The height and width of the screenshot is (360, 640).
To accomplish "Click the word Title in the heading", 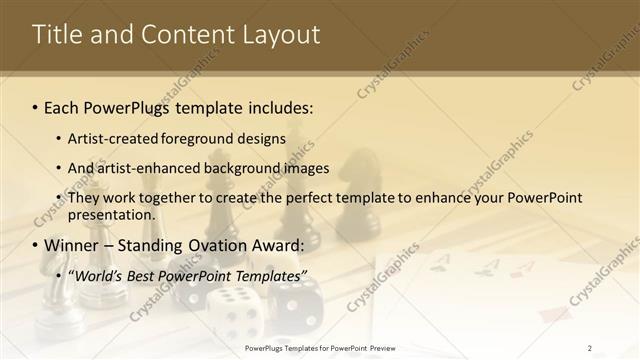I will point(56,35).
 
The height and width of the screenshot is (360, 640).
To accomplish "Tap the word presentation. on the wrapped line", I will point(112,215).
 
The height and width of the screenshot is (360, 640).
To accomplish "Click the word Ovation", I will point(219,245).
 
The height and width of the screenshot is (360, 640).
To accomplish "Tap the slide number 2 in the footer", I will point(590,348).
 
